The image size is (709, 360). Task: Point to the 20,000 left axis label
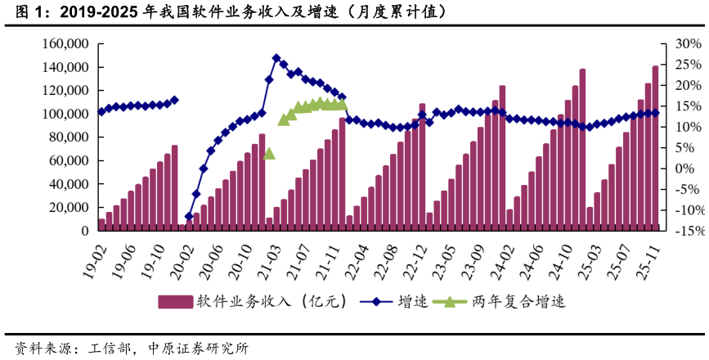tap(69, 208)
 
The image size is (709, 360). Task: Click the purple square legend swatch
tap(174, 302)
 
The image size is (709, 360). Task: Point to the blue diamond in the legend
tap(375, 302)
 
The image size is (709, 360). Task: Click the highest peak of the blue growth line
tap(276, 59)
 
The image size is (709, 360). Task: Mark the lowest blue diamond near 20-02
tap(189, 217)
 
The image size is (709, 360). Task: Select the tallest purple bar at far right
tap(655, 148)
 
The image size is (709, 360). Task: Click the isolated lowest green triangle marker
tap(269, 153)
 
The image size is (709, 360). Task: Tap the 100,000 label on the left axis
tap(65, 114)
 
